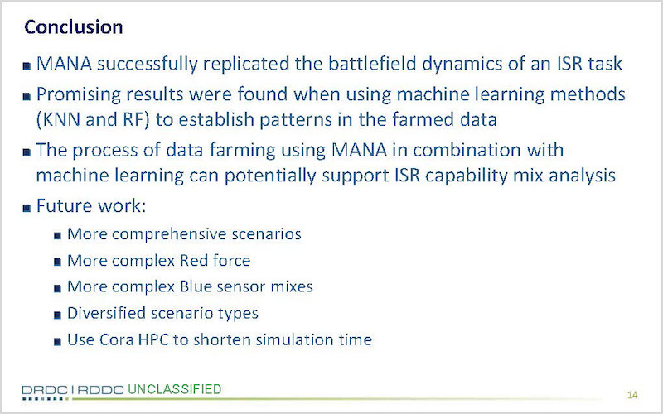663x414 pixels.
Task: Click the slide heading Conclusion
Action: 74,27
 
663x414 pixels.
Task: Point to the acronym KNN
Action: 61,119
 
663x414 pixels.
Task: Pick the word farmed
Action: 417,119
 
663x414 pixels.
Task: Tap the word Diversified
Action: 107,314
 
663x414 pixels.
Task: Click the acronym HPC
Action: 153,339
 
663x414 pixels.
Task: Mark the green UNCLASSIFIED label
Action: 174,389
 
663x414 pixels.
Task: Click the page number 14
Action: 632,395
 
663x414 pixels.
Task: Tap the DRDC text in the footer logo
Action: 45,390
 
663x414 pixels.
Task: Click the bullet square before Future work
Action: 27,208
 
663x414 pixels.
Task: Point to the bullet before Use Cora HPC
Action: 57,341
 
